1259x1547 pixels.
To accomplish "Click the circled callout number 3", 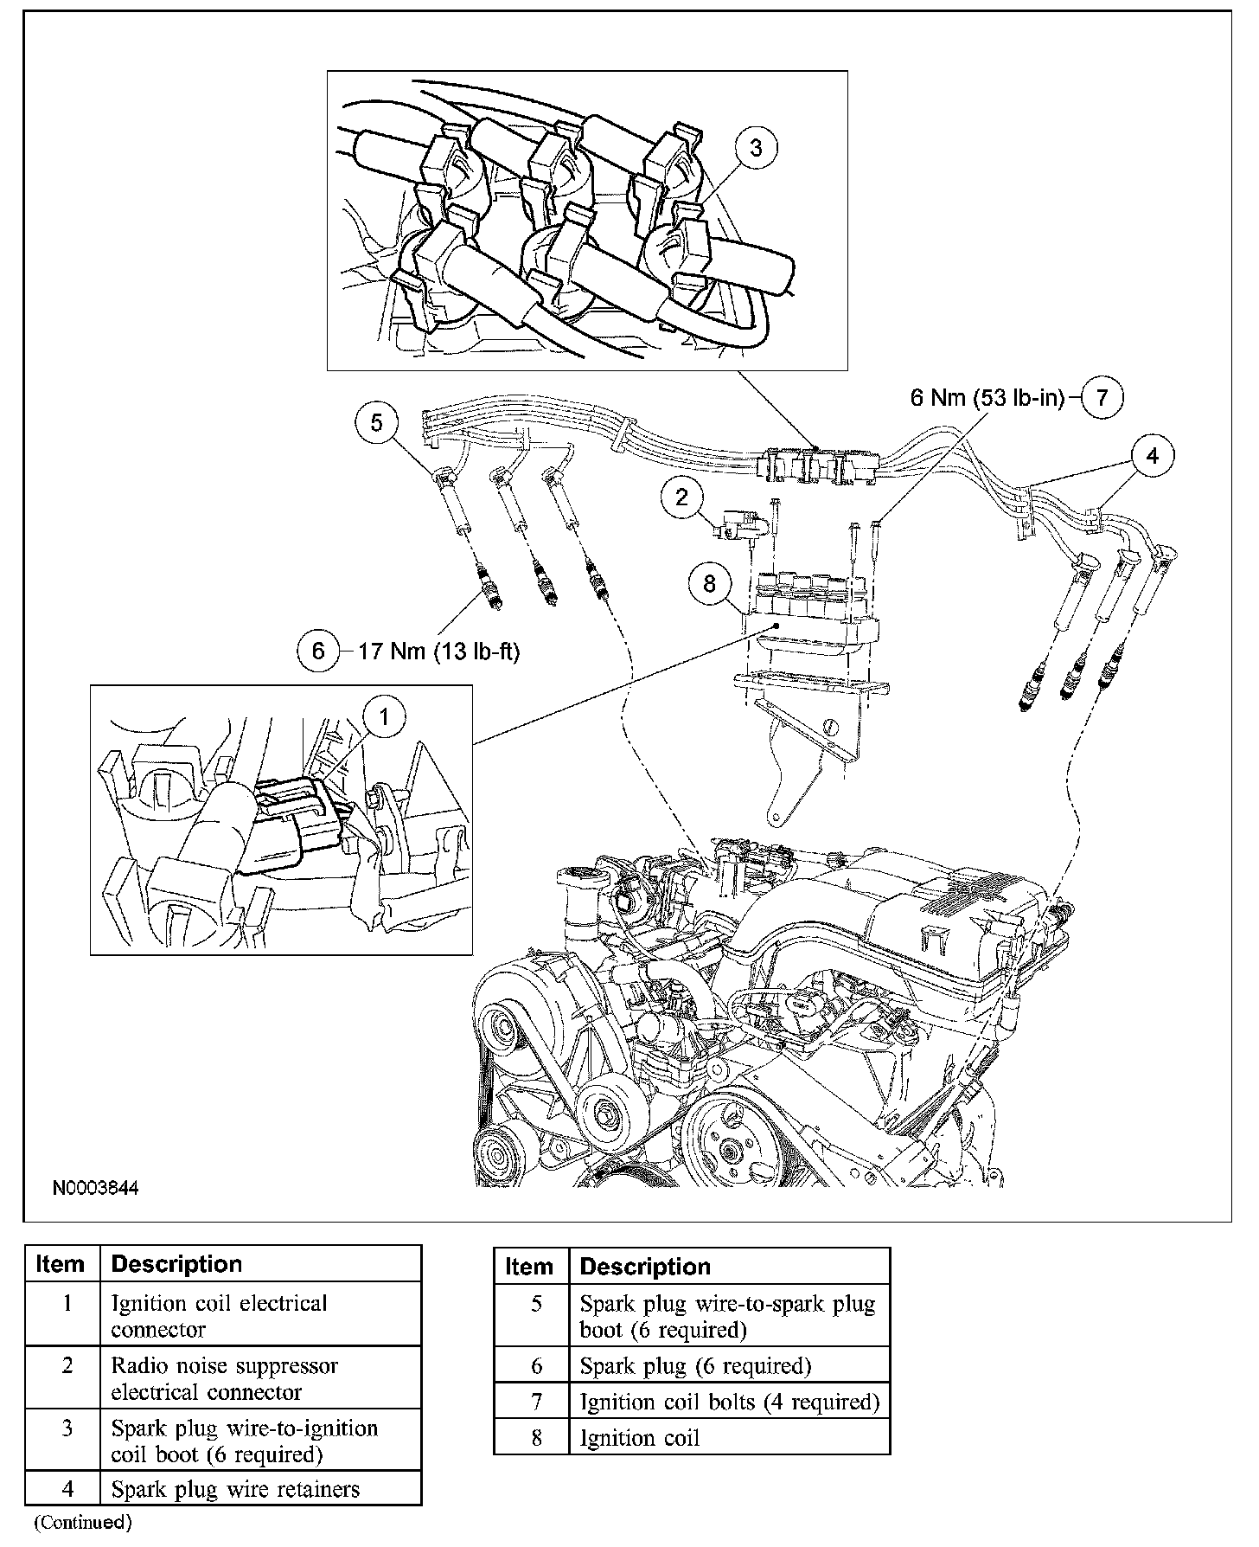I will click(756, 148).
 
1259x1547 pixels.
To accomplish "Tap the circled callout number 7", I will click(1102, 398).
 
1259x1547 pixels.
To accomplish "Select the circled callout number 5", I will click(376, 423).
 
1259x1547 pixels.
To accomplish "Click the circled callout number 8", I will click(709, 584).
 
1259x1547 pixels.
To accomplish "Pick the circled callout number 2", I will click(682, 497).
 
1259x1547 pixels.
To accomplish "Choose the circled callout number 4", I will click(1153, 455).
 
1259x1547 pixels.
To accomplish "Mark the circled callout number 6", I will click(318, 650).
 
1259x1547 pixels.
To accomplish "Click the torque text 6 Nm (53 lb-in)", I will click(987, 398).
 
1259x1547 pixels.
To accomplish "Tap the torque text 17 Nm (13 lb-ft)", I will click(438, 651).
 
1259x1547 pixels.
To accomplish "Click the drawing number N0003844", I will click(95, 1188).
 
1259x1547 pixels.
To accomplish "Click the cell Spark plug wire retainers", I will click(235, 1489).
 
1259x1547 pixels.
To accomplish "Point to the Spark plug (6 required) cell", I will click(695, 1366).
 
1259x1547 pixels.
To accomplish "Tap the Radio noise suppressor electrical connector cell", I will click(224, 1378).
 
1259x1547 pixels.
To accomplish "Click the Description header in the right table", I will click(644, 1267).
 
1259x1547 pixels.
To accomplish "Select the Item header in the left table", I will click(61, 1264).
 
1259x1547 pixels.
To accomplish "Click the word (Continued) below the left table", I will click(82, 1522).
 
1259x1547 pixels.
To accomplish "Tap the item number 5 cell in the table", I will click(536, 1304).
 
